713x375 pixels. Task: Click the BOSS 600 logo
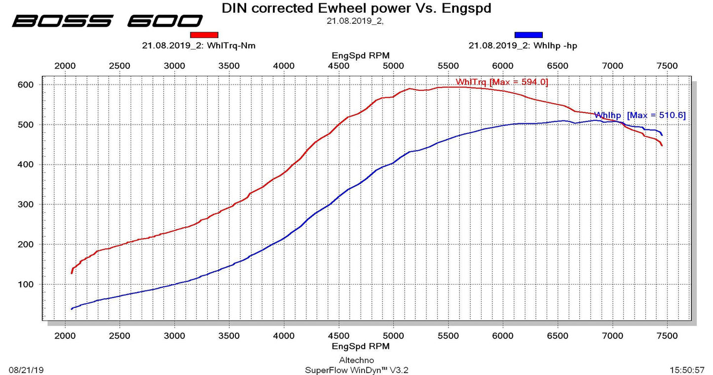(x=107, y=21)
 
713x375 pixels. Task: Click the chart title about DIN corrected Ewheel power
(x=356, y=8)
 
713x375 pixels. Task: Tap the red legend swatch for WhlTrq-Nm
(x=204, y=35)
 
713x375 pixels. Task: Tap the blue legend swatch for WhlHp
(x=528, y=35)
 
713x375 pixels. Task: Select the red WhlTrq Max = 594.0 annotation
(x=502, y=82)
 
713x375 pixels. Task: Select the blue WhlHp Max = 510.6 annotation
(x=640, y=115)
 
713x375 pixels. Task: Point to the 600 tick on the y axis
(x=26, y=85)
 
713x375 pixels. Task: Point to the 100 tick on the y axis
(x=26, y=284)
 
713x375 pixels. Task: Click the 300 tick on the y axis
(x=26, y=204)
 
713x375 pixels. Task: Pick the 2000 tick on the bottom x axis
(x=65, y=336)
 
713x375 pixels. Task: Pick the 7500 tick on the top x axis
(x=667, y=66)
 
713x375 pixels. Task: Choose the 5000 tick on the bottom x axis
(x=393, y=336)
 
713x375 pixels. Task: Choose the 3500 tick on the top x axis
(x=229, y=66)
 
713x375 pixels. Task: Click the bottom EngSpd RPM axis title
(x=361, y=346)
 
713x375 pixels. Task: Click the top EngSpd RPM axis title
(x=361, y=56)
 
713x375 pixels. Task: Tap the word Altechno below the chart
(x=356, y=360)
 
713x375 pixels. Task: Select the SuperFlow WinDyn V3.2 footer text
(x=356, y=370)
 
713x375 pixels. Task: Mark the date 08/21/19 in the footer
(x=26, y=370)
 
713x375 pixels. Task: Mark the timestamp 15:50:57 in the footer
(x=687, y=370)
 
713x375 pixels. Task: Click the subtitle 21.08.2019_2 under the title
(x=355, y=21)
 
